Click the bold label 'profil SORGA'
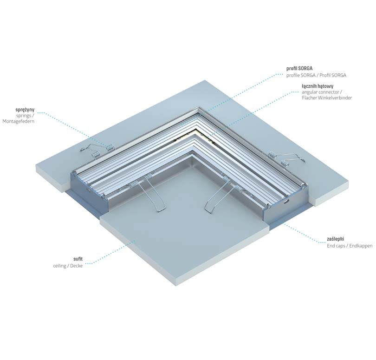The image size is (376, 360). point(299,68)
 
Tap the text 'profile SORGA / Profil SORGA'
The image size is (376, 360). point(316,75)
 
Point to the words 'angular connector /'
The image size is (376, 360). point(322,92)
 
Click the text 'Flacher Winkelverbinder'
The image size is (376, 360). point(327,98)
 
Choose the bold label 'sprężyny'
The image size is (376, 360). point(25,110)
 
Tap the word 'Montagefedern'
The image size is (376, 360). point(19,121)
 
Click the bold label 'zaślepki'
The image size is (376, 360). point(335,239)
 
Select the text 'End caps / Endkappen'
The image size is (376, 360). point(350,246)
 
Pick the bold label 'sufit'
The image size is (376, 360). point(78,259)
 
